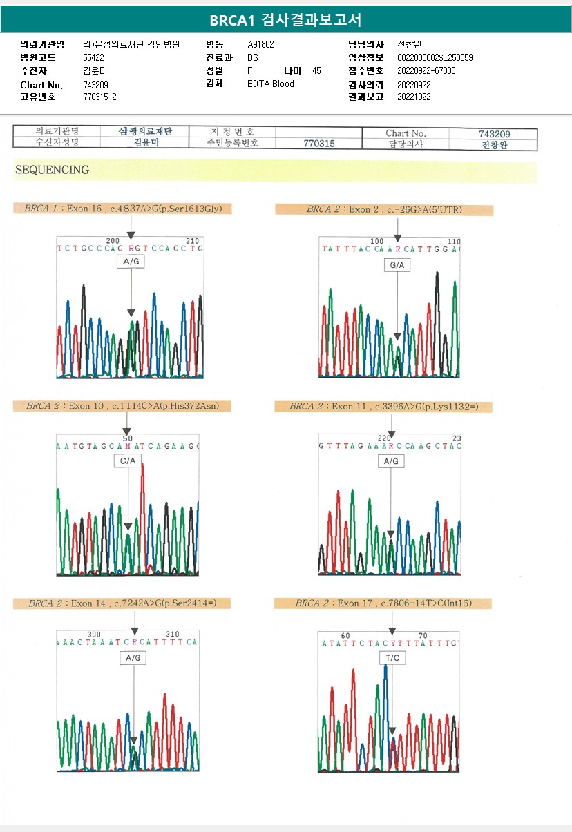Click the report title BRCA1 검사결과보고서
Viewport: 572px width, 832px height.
(x=285, y=19)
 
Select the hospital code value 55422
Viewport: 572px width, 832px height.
(x=93, y=57)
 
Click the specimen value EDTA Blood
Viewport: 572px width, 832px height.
(x=271, y=84)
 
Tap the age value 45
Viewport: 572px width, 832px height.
(x=316, y=70)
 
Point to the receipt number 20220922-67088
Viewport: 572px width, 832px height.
(x=426, y=70)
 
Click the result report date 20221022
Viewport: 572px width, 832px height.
(x=414, y=97)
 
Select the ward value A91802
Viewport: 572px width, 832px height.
(x=261, y=44)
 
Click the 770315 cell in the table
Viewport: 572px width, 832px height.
(x=318, y=144)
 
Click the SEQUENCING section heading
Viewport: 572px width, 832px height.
(x=52, y=170)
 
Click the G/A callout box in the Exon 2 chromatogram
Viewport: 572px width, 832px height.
(x=397, y=264)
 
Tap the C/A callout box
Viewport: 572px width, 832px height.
(x=128, y=461)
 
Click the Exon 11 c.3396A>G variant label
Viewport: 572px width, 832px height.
(x=383, y=407)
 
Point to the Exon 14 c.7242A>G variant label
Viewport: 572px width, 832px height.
(x=122, y=603)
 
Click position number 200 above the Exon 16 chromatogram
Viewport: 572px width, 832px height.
(x=113, y=240)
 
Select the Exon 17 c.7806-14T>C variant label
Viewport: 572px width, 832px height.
(x=383, y=603)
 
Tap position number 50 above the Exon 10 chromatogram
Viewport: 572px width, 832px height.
(x=127, y=438)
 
